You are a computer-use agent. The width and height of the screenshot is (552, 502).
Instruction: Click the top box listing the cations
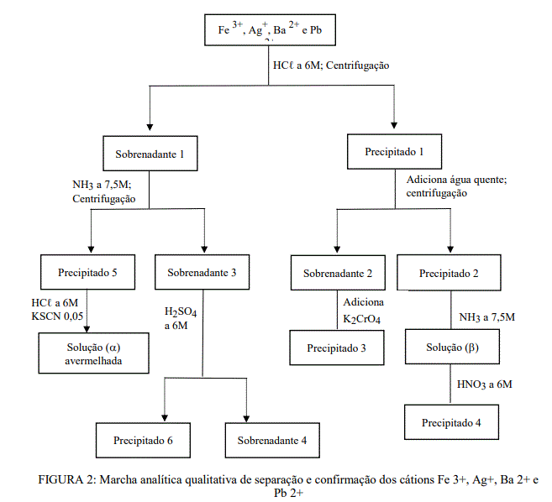click(269, 30)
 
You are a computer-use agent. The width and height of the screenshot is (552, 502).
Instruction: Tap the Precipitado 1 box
click(394, 151)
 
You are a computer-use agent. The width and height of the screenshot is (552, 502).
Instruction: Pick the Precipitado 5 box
click(88, 272)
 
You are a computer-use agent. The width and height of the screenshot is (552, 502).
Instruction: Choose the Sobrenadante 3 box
click(202, 272)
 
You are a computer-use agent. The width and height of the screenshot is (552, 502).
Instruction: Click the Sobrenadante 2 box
click(337, 272)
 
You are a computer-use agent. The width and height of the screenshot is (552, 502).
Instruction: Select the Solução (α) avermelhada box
click(94, 353)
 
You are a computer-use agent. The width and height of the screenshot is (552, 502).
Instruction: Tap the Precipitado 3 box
click(336, 348)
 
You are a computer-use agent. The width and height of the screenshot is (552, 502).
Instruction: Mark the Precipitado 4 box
click(450, 422)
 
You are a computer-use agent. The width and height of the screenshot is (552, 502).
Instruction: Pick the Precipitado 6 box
click(145, 440)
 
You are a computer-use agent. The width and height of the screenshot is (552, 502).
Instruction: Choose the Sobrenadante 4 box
click(271, 440)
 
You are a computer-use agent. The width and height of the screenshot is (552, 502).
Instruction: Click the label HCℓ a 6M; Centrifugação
click(331, 65)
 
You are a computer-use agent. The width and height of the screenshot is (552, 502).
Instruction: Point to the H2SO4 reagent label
click(181, 312)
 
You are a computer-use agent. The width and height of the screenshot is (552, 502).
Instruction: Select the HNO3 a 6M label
click(485, 384)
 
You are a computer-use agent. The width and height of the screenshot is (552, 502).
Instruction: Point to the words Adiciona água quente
click(456, 180)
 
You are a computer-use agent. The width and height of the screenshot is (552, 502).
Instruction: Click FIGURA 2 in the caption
click(68, 479)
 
